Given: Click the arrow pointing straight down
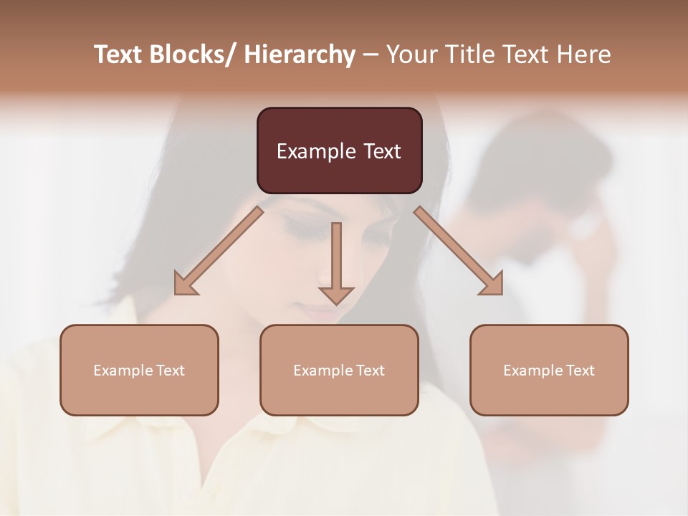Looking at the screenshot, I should pos(336,265).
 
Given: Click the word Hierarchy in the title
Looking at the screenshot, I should pos(300,54).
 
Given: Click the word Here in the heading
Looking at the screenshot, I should pos(584,54).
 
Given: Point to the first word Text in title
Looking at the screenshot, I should pos(118,54).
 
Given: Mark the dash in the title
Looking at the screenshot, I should pos(371,54).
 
